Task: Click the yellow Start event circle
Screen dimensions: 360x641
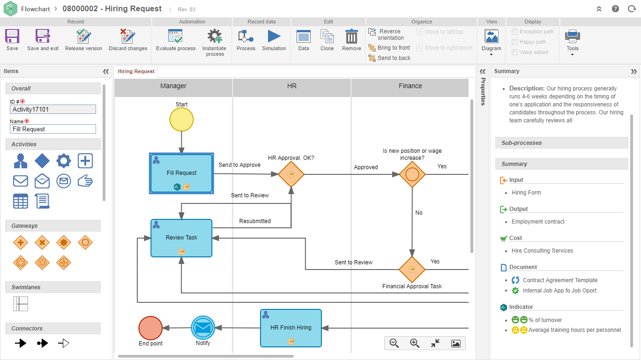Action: (181, 120)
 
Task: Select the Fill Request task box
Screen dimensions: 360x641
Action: (181, 173)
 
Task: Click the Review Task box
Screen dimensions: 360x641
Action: (181, 238)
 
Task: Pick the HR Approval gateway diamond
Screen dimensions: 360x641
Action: (291, 174)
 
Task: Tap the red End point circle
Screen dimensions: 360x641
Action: (150, 328)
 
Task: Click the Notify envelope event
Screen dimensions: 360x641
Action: (203, 328)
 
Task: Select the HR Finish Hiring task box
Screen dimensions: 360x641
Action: (291, 328)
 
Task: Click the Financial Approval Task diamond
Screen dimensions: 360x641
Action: (412, 270)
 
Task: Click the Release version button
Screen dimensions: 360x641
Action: (83, 39)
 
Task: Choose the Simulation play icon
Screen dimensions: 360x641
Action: (274, 39)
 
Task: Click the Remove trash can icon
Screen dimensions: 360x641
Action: (351, 39)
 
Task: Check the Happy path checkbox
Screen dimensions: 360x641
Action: (515, 42)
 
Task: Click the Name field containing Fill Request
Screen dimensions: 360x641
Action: (53, 129)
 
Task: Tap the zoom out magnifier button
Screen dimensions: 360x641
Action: (394, 343)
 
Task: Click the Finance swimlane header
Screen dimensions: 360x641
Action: (410, 86)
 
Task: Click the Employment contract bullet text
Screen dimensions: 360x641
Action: (538, 222)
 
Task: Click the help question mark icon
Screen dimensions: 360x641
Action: (615, 9)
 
